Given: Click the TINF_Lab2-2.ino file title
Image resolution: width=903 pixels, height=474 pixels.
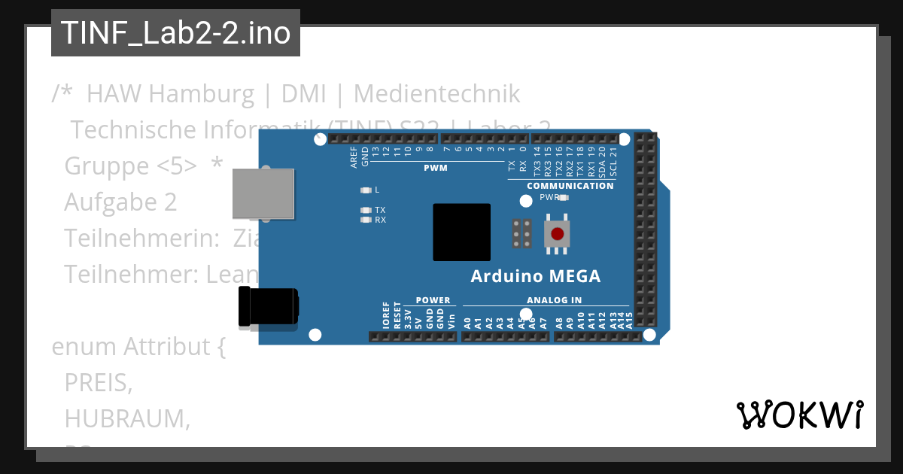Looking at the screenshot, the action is click(x=175, y=33).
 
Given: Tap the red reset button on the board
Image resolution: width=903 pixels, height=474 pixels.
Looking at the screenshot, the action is click(x=557, y=234).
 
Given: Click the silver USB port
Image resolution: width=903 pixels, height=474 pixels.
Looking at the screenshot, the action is click(x=263, y=194).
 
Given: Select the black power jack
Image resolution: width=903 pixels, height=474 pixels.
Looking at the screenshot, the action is click(x=268, y=308).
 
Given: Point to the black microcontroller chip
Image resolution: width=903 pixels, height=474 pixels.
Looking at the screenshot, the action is click(x=461, y=232).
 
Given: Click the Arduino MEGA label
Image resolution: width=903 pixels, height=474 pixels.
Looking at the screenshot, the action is click(x=536, y=276).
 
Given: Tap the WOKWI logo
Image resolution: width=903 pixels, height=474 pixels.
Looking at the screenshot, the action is click(x=799, y=415).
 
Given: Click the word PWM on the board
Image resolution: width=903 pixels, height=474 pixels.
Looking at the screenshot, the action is click(x=436, y=168).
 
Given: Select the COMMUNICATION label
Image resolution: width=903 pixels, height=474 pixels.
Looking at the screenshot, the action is click(x=570, y=186).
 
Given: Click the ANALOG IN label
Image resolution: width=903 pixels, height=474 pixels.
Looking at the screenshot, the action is click(x=554, y=300).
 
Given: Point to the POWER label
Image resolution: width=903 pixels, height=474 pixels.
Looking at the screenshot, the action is click(x=433, y=300).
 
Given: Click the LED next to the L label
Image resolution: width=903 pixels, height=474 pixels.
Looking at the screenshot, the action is click(x=366, y=190).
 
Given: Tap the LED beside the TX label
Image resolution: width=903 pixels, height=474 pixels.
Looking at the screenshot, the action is click(x=366, y=211).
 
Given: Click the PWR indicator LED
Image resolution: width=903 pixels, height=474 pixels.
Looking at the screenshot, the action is click(x=563, y=198).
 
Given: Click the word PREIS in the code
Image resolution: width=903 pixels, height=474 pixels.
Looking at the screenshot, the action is click(x=99, y=383).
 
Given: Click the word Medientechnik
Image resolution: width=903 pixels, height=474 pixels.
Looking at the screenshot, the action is click(x=436, y=94).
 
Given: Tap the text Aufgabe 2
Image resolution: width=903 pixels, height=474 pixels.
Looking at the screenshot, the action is click(x=120, y=202).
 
